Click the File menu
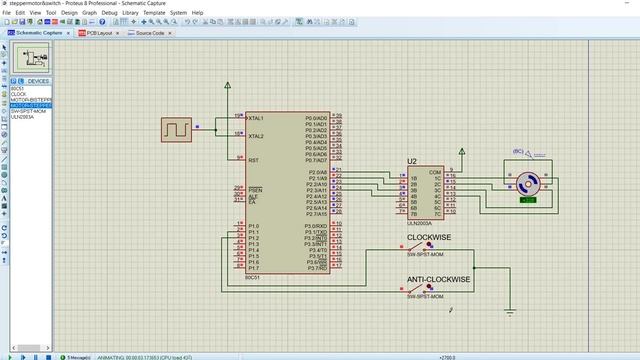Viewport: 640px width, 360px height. (x=8, y=13)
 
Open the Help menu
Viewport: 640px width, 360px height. (x=198, y=13)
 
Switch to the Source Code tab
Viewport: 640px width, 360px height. (x=149, y=33)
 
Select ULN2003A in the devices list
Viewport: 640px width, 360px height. (x=23, y=117)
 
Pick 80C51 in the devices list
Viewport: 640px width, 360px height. (x=17, y=88)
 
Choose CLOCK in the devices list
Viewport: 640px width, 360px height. (x=18, y=94)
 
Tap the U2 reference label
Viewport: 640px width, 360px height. (x=411, y=161)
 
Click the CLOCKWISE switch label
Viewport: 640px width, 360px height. (x=428, y=237)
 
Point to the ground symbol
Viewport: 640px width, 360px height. (x=510, y=312)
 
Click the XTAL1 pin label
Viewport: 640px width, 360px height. (x=256, y=118)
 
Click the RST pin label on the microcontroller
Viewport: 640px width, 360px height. (x=253, y=160)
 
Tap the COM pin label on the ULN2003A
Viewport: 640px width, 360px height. (x=435, y=172)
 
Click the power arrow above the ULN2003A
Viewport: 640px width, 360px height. (x=461, y=153)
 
